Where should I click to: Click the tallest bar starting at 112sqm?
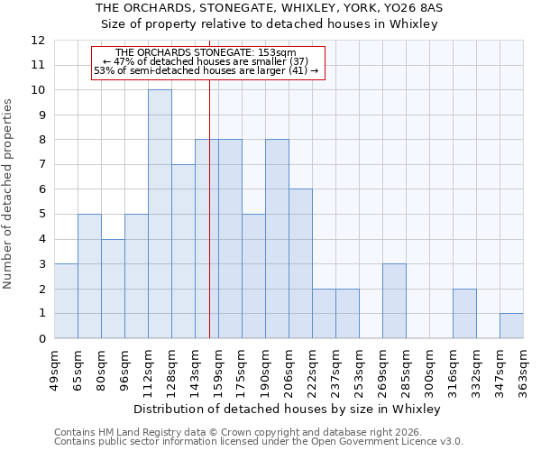160,214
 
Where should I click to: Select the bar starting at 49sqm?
66,301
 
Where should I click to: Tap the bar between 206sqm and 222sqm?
300,263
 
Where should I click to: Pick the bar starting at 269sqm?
394,301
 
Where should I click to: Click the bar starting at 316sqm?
464,314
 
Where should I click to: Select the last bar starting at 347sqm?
511,326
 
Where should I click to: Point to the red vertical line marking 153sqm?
209,225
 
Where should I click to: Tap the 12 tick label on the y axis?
38,41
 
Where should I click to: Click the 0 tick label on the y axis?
41,339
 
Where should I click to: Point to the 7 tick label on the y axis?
41,165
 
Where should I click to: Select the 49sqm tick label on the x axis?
54,368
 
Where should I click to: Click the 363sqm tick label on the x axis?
523,368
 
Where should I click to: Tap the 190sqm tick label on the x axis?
265,368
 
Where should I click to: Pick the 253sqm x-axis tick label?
359,368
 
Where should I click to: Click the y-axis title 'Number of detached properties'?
8,194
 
